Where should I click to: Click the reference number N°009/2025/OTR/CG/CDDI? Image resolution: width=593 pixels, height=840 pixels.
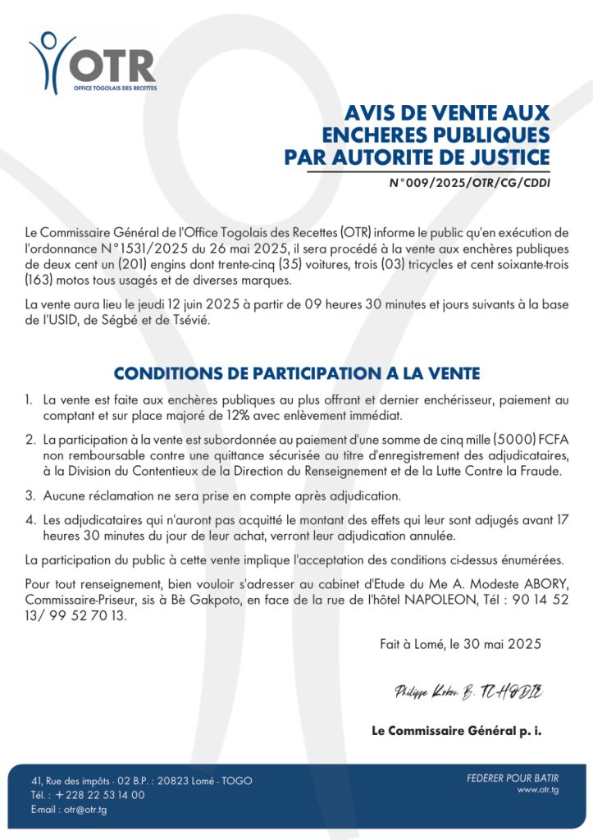coord(469,184)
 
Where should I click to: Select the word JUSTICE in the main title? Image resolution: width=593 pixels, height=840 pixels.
coord(507,156)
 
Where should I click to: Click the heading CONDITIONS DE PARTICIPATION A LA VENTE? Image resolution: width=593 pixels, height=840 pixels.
coord(296,373)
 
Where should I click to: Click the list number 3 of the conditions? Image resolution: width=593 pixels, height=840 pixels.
coord(30,496)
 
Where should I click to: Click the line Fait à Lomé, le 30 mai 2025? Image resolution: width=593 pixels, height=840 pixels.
coord(460,644)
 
